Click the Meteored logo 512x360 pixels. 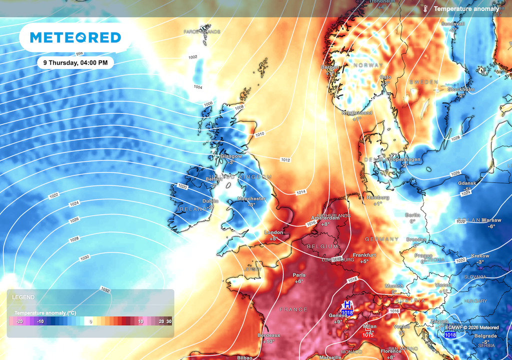tap(75, 37)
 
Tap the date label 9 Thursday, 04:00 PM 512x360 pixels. tap(75, 63)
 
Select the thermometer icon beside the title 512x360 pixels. tap(425, 8)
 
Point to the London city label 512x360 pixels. tap(273, 232)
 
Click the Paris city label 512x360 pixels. tap(299, 275)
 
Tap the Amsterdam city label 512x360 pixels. tap(325, 218)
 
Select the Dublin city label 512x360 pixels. tap(210, 201)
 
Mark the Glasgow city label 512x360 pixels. tap(231, 156)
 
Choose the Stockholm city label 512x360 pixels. tap(460, 89)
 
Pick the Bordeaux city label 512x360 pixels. tap(269, 335)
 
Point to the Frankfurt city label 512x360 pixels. tap(364, 255)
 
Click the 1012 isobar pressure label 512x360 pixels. tap(285, 160)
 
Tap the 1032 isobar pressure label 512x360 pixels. tap(105, 289)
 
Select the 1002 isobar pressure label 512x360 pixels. tap(192, 57)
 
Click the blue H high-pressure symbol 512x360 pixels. tap(347, 304)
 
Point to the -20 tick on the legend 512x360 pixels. tap(19, 321)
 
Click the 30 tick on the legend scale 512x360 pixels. tap(169, 321)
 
